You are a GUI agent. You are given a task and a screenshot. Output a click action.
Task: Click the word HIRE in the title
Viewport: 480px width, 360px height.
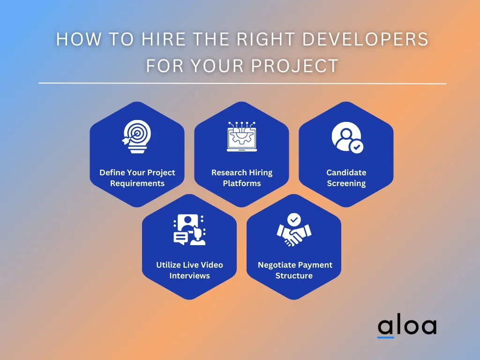164,39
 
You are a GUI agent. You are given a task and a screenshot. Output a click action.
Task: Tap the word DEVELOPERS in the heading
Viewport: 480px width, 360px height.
365,39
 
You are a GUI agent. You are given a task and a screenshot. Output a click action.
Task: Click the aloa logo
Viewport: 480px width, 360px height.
407,327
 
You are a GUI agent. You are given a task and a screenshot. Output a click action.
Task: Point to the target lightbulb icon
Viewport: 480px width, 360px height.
136,136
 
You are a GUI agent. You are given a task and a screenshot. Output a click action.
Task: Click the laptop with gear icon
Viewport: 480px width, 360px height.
242,136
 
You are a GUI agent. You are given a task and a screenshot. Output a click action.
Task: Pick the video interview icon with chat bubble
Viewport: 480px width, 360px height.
189,230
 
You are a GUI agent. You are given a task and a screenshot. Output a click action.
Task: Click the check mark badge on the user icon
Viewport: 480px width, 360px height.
356,147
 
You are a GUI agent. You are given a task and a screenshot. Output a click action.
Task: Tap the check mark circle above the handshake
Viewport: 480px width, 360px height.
294,219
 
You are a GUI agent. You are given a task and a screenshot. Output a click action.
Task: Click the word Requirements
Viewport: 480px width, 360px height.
137,183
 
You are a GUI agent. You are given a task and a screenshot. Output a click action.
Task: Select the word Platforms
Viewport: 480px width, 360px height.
242,183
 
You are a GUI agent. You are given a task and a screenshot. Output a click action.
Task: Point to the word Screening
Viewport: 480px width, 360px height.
346,183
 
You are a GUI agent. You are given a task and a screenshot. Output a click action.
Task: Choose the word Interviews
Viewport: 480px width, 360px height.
189,276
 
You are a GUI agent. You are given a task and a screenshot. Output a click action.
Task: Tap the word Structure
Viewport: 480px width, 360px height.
294,276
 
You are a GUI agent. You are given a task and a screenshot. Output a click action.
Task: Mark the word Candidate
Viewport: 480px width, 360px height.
346,172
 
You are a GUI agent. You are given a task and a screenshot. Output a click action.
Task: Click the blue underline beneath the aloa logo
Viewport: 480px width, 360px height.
385,337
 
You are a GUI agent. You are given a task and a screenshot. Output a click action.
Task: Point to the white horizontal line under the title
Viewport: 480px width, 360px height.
242,83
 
